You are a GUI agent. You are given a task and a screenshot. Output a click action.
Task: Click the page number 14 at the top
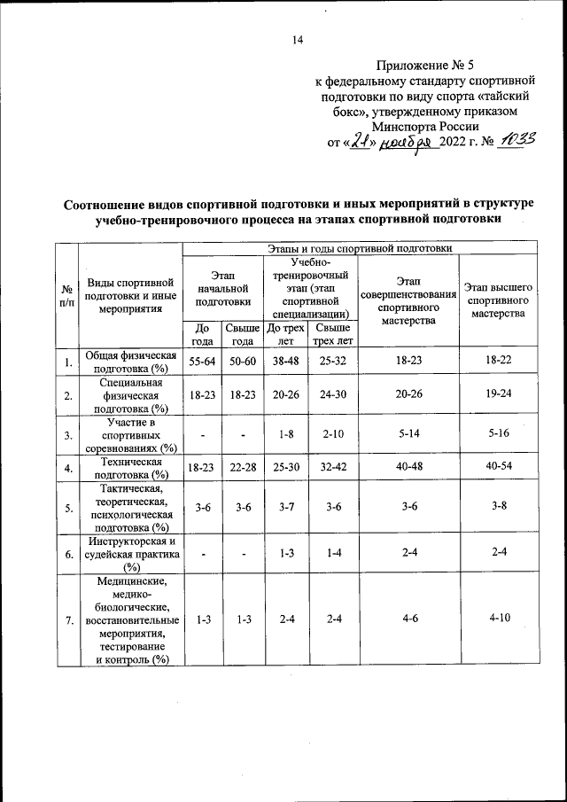tap(297, 39)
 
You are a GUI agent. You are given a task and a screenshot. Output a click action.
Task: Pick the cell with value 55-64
tap(202, 360)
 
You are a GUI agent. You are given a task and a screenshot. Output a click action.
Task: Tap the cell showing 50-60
tap(239, 360)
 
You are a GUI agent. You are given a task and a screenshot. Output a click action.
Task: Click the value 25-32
tap(332, 360)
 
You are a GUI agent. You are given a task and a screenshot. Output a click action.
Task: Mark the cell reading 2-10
tap(332, 435)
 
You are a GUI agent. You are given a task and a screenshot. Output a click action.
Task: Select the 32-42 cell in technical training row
tap(332, 468)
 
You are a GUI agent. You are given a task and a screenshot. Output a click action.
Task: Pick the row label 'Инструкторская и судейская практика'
tap(132, 555)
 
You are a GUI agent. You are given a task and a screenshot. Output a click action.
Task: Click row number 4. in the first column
tap(67, 468)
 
